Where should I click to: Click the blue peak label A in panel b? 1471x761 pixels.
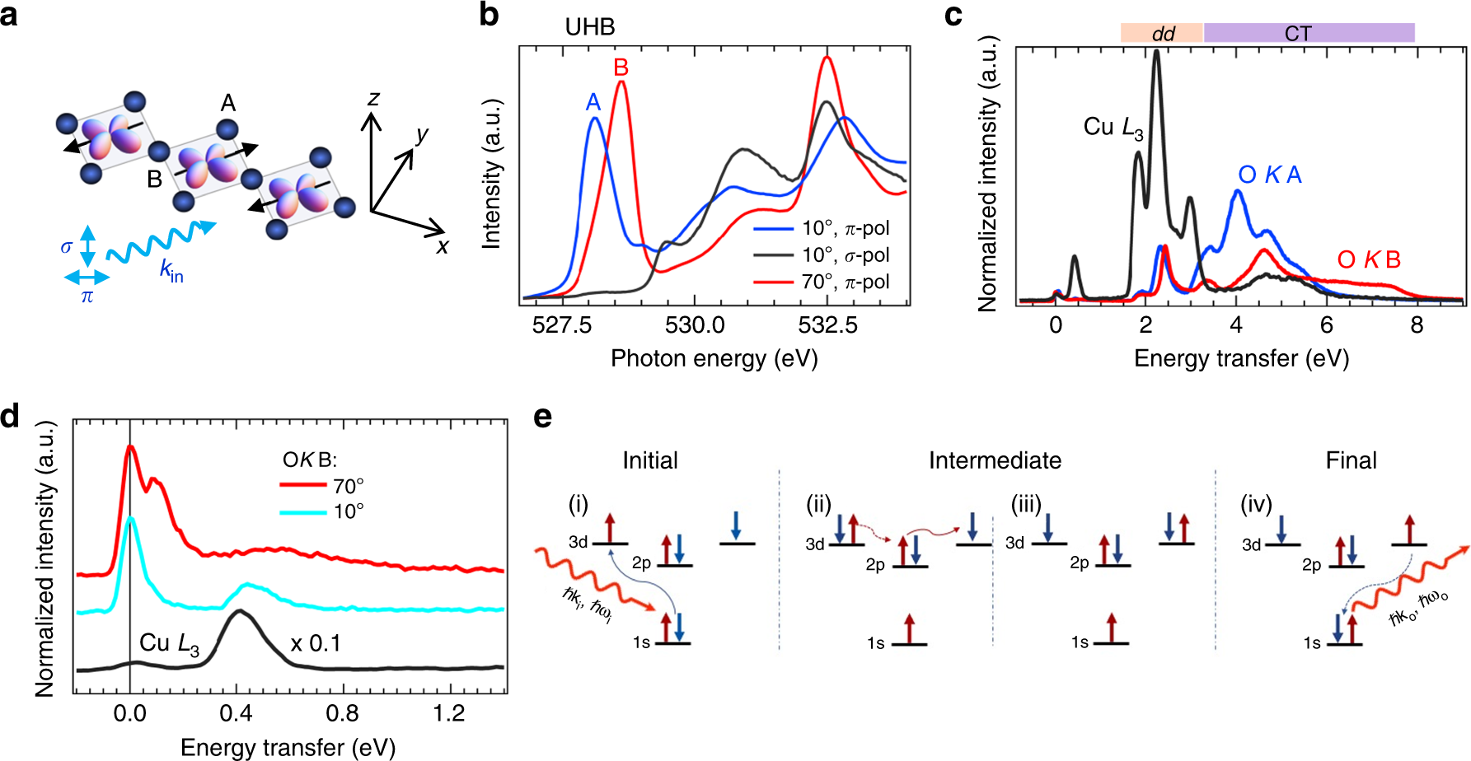coord(593,102)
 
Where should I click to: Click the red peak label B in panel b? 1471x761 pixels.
coord(621,68)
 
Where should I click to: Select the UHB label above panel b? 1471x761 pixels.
coord(589,27)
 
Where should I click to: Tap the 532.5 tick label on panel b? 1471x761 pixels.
coord(827,325)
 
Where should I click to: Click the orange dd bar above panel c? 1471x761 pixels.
coord(1161,34)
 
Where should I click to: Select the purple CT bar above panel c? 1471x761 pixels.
coord(1308,34)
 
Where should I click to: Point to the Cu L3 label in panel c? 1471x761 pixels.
coord(1113,128)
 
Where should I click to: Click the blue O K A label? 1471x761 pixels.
coord(1269,175)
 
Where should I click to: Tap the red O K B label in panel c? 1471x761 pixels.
coord(1368,260)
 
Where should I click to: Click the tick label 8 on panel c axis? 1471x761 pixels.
coord(1416,325)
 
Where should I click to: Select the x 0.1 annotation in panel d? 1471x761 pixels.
coord(316,643)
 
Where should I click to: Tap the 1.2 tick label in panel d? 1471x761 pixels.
coord(448,713)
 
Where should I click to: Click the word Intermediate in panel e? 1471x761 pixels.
coord(995,460)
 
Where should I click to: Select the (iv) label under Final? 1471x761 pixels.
coord(1256,504)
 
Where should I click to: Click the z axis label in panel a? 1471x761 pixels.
coord(373,99)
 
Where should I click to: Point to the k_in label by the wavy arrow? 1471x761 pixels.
coord(171,270)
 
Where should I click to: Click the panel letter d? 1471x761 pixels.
coord(10,417)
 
